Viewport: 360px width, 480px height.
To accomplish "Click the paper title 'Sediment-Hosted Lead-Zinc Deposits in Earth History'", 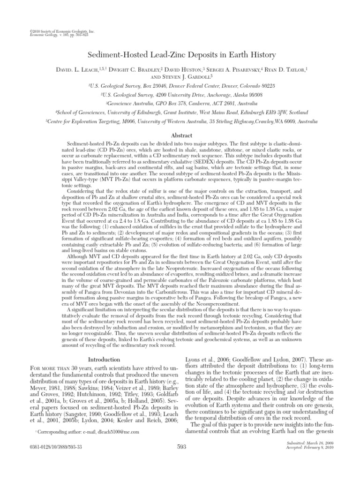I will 180,55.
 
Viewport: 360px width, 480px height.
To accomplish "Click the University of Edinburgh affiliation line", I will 180,112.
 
